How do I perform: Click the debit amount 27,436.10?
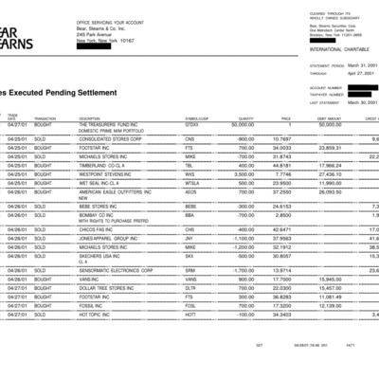pos(329,174)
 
